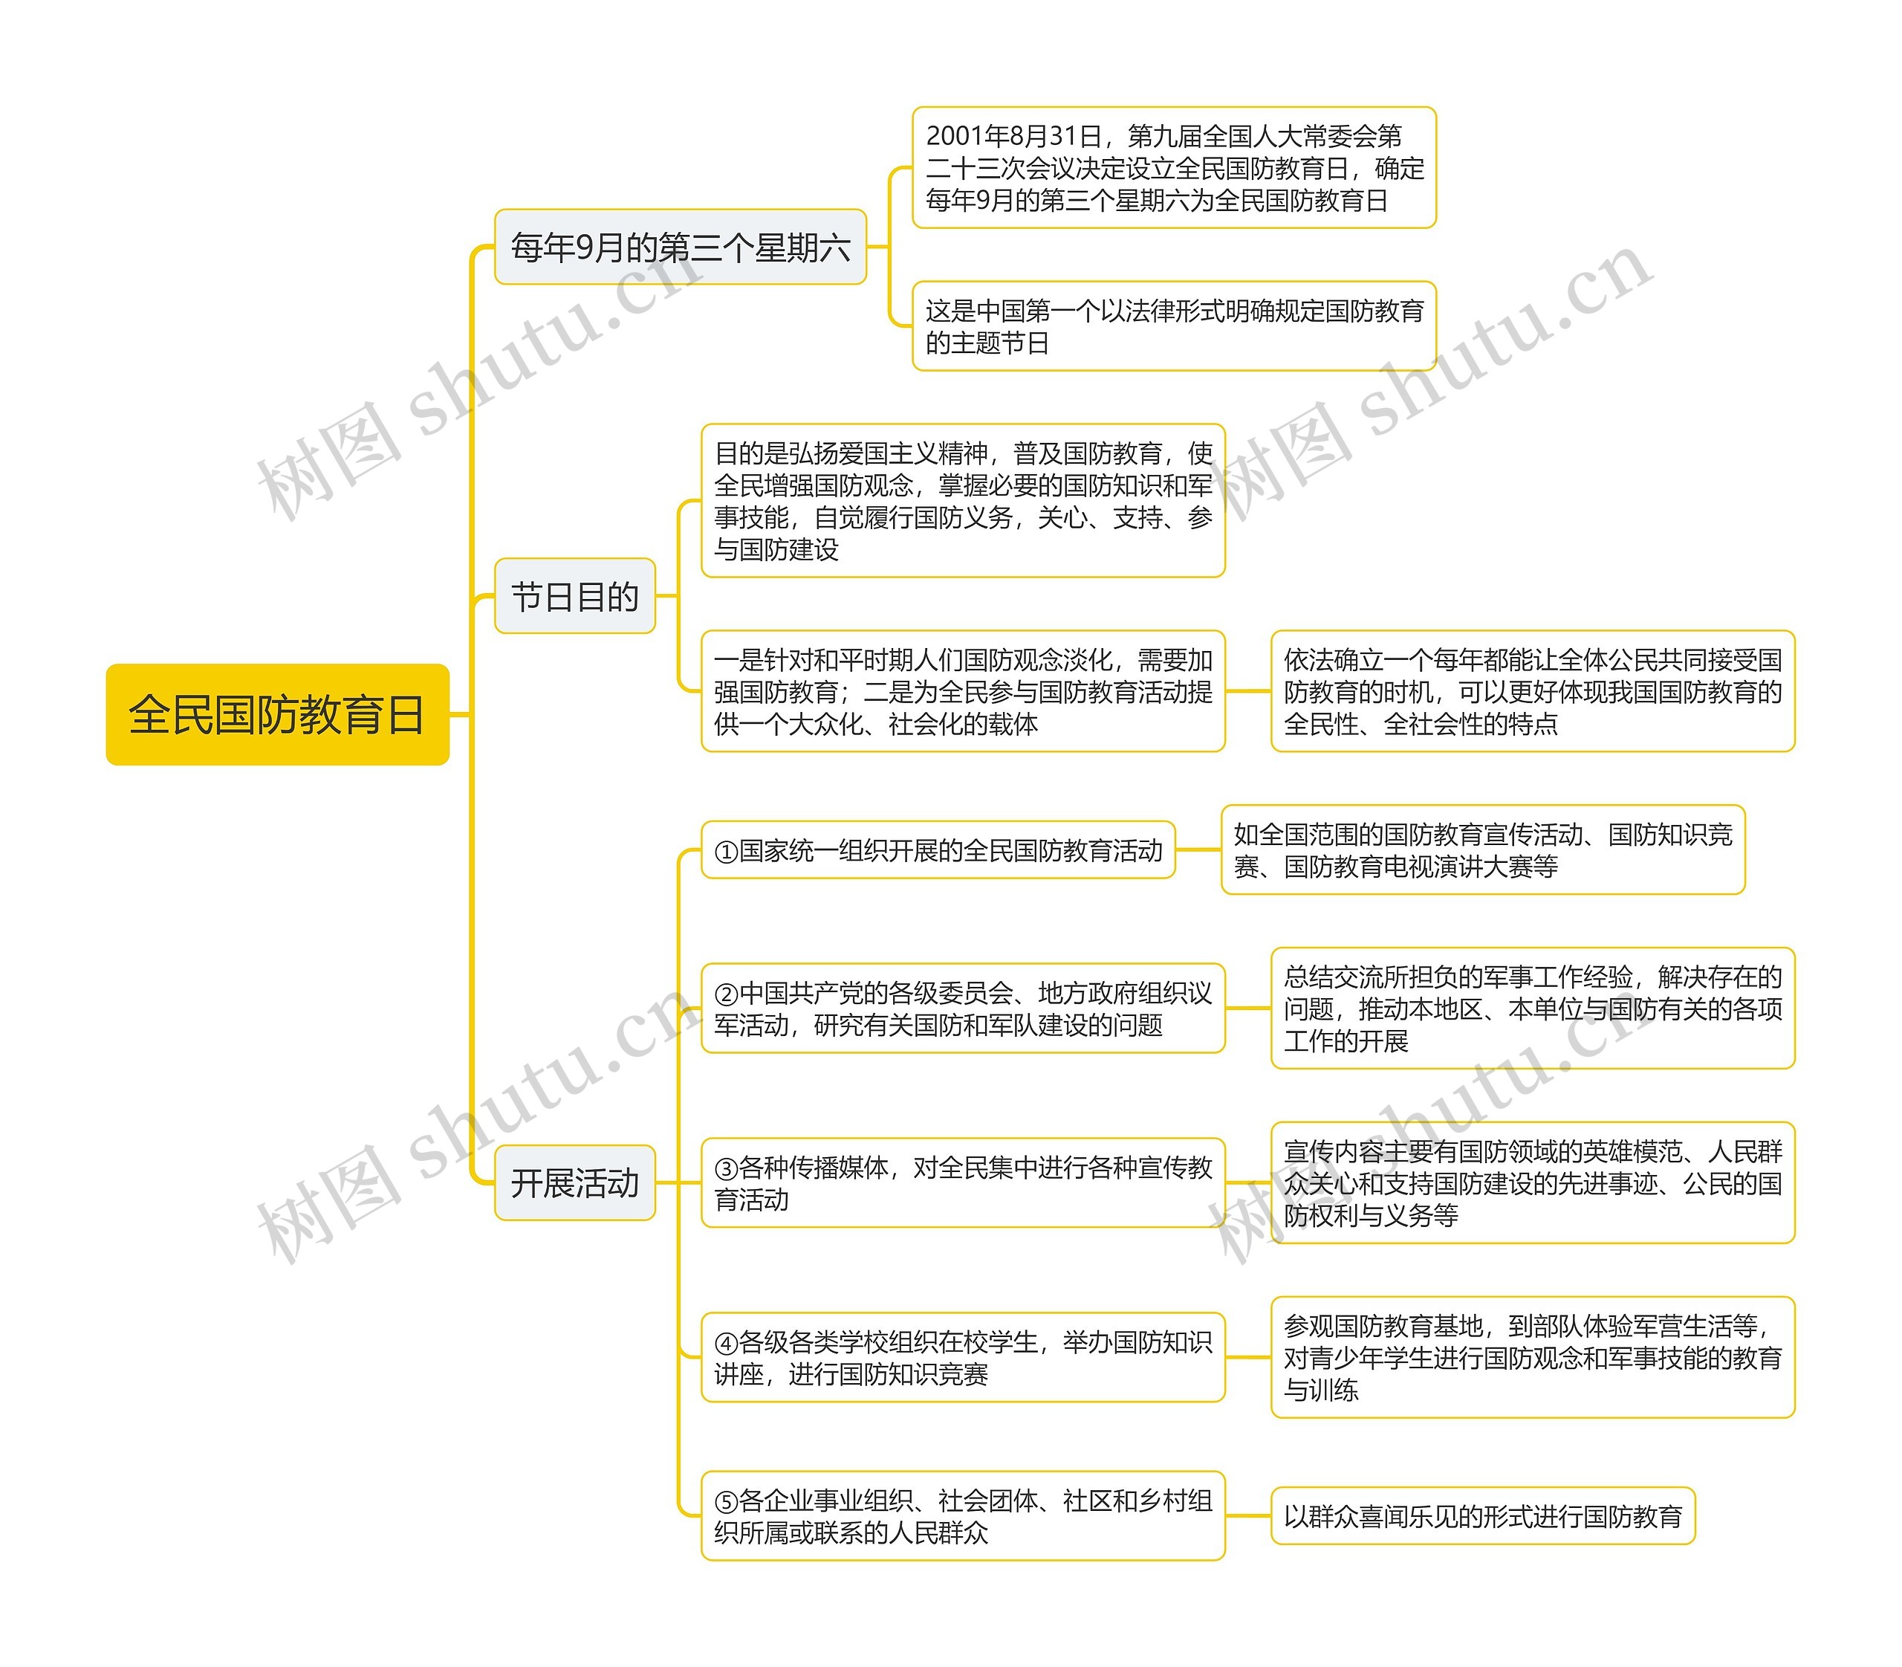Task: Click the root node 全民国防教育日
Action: [277, 714]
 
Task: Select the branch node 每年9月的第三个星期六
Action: [680, 247]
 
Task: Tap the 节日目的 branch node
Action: [575, 596]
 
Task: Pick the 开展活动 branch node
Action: [575, 1182]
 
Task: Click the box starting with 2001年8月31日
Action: [1174, 167]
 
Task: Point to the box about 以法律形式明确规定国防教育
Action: [1174, 326]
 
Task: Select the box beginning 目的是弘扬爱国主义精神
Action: [963, 500]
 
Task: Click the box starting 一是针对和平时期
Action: [963, 691]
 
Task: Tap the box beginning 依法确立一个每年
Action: [1532, 691]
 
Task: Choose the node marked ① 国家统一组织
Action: [938, 850]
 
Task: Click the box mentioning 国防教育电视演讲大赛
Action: [1482, 850]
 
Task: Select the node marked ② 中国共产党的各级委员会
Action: [963, 1009]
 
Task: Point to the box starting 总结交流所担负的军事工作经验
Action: [1532, 1009]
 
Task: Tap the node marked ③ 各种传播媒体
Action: [963, 1182]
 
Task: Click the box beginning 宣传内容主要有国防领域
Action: [1532, 1182]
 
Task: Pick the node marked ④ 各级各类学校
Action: [963, 1357]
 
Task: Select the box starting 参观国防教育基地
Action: [1532, 1357]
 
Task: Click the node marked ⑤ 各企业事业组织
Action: [963, 1515]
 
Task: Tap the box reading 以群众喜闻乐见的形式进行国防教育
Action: [1482, 1515]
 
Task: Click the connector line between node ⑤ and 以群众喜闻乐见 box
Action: [1248, 1515]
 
